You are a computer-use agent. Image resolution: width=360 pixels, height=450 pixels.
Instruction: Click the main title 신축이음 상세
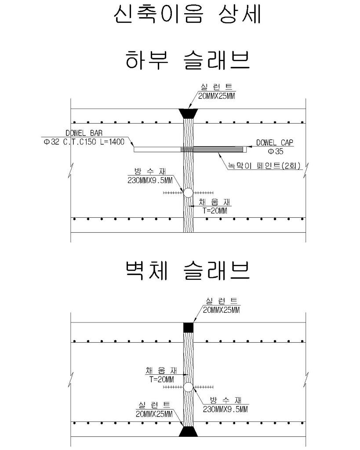pyautogui.click(x=187, y=15)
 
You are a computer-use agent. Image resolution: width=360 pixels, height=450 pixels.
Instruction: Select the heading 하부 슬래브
pyautogui.click(x=188, y=60)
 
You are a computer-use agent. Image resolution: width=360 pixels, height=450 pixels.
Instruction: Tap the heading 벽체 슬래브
pyautogui.click(x=188, y=271)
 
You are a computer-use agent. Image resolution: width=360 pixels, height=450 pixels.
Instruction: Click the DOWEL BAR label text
pyautogui.click(x=84, y=133)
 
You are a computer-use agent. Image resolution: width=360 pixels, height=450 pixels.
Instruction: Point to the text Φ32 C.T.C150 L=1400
pyautogui.click(x=84, y=142)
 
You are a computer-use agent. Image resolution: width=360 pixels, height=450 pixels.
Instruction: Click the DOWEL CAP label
pyautogui.click(x=275, y=143)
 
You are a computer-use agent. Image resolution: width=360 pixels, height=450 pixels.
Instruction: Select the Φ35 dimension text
pyautogui.click(x=276, y=151)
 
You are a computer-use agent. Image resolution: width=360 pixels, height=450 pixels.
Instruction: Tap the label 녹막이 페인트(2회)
pyautogui.click(x=264, y=165)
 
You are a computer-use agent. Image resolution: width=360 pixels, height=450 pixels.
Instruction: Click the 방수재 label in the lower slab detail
pyautogui.click(x=150, y=172)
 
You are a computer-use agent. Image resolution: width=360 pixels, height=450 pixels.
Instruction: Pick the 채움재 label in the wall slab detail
pyautogui.click(x=161, y=371)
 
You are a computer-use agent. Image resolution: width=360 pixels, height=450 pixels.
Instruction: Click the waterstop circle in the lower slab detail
pyautogui.click(x=188, y=193)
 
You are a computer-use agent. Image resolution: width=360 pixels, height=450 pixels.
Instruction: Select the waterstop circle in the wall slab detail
pyautogui.click(x=188, y=387)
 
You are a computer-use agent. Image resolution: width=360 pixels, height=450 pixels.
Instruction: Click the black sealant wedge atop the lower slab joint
pyautogui.click(x=188, y=113)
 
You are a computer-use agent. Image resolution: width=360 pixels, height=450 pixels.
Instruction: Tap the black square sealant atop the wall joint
pyautogui.click(x=188, y=327)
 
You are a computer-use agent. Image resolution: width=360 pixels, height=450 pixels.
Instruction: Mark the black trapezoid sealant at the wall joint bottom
pyautogui.click(x=188, y=432)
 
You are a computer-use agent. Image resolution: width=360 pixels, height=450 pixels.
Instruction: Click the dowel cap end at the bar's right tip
pyautogui.click(x=244, y=149)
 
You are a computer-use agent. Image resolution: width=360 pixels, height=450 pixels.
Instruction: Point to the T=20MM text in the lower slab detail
pyautogui.click(x=215, y=211)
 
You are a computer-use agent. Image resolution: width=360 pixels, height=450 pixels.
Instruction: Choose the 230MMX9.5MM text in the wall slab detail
pyautogui.click(x=225, y=409)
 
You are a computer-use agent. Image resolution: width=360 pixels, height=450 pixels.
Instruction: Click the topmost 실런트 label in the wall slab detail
pyautogui.click(x=222, y=301)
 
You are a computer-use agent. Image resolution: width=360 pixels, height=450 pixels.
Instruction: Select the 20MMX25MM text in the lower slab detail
pyautogui.click(x=217, y=96)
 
